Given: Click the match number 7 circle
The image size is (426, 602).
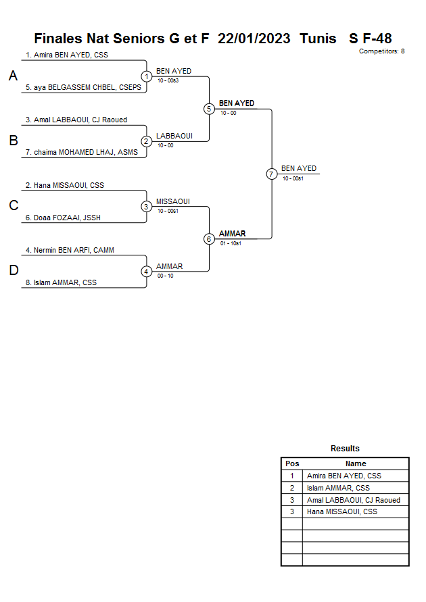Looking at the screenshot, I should [x=271, y=174].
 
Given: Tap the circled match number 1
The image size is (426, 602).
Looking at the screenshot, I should [x=147, y=76].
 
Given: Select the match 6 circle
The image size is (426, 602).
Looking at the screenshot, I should [x=209, y=239].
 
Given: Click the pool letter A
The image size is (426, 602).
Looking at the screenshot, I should [x=13, y=76].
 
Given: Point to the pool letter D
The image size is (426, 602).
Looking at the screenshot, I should [x=13, y=271].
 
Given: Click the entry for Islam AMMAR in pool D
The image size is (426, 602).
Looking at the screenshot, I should [x=65, y=283].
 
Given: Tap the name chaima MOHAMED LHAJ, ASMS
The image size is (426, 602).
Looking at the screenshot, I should [x=81, y=153].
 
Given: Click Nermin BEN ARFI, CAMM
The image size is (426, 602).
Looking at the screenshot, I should [x=70, y=250].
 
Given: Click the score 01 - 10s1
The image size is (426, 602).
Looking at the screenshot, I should [x=231, y=243].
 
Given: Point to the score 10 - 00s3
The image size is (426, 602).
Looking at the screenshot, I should [x=168, y=81].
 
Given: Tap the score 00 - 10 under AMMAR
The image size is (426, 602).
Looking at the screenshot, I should [x=164, y=276].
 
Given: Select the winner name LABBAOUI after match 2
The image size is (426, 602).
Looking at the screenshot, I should [x=174, y=136].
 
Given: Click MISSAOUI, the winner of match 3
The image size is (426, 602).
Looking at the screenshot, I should [x=173, y=201].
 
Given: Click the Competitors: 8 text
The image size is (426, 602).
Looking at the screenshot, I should [x=381, y=51].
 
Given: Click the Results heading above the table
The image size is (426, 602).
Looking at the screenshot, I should [x=345, y=449].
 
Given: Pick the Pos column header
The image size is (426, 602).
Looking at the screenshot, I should [x=292, y=463].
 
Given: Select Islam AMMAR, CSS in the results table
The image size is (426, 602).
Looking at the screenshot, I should [x=338, y=488].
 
